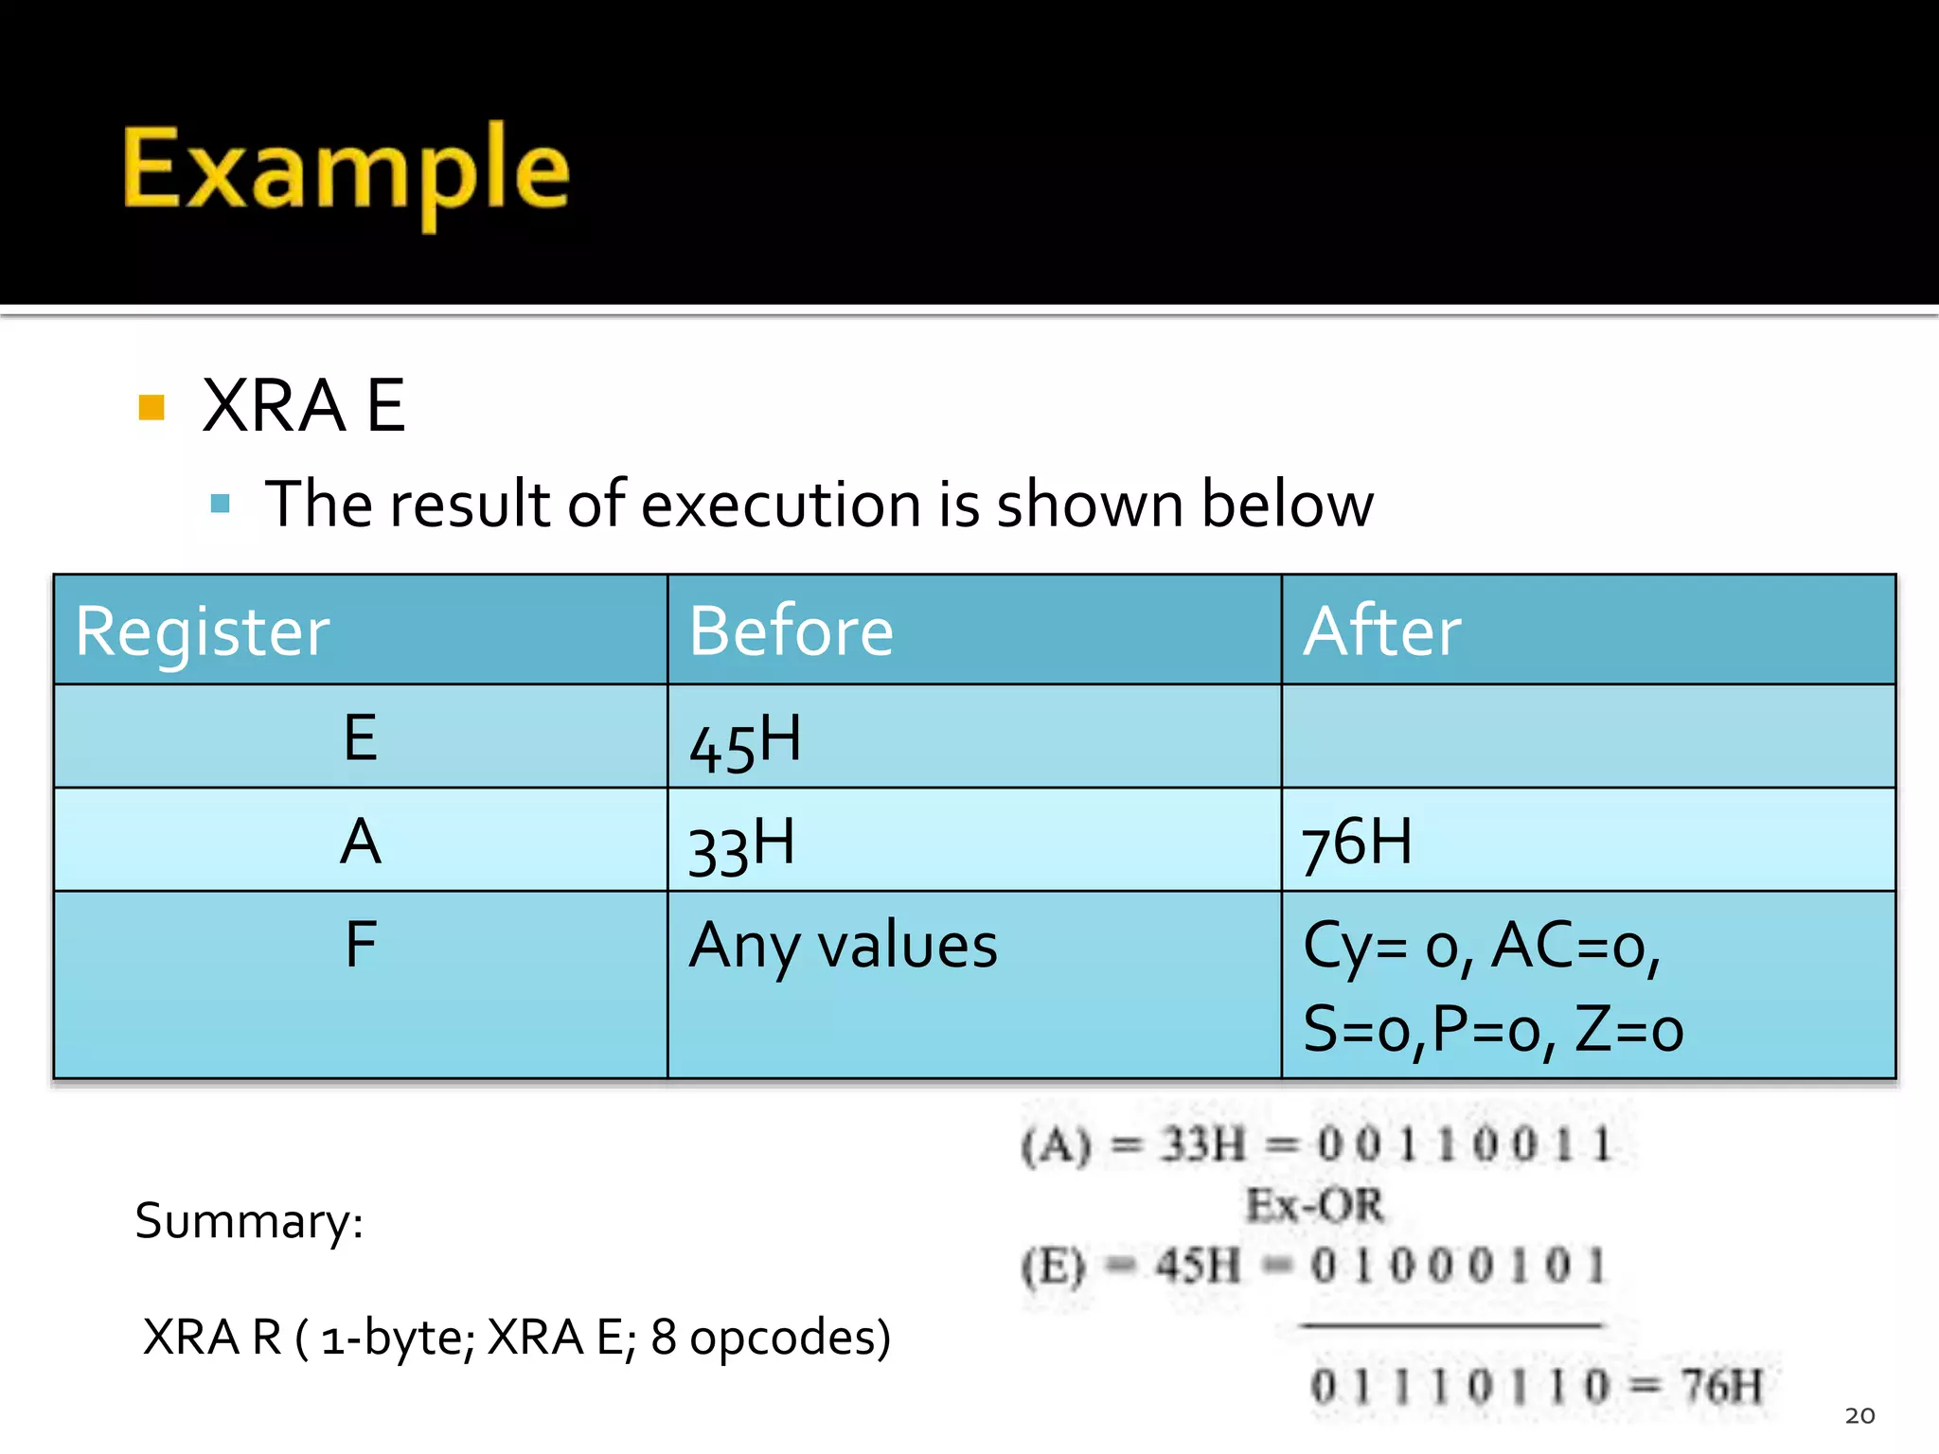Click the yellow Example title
346,170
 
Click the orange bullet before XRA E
151,407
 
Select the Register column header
203,631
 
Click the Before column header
791,631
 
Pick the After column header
1381,631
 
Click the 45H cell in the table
745,741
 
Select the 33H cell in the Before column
741,845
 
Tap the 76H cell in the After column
1356,842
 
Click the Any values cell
843,946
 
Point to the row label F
361,945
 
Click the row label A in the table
361,842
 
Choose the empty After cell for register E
1588,737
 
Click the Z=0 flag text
1628,1030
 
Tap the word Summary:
249,1221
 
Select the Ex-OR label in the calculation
1314,1206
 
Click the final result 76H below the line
1721,1387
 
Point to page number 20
1859,1415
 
